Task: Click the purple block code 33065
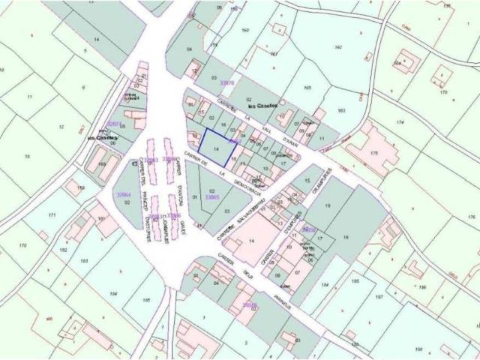click(x=211, y=197)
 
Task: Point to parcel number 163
click(x=342, y=111)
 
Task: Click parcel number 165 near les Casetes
click(x=306, y=88)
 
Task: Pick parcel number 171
click(x=52, y=215)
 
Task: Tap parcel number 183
click(x=84, y=260)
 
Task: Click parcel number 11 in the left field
click(x=28, y=97)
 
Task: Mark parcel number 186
click(x=422, y=286)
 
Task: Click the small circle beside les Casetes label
click(x=282, y=102)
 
